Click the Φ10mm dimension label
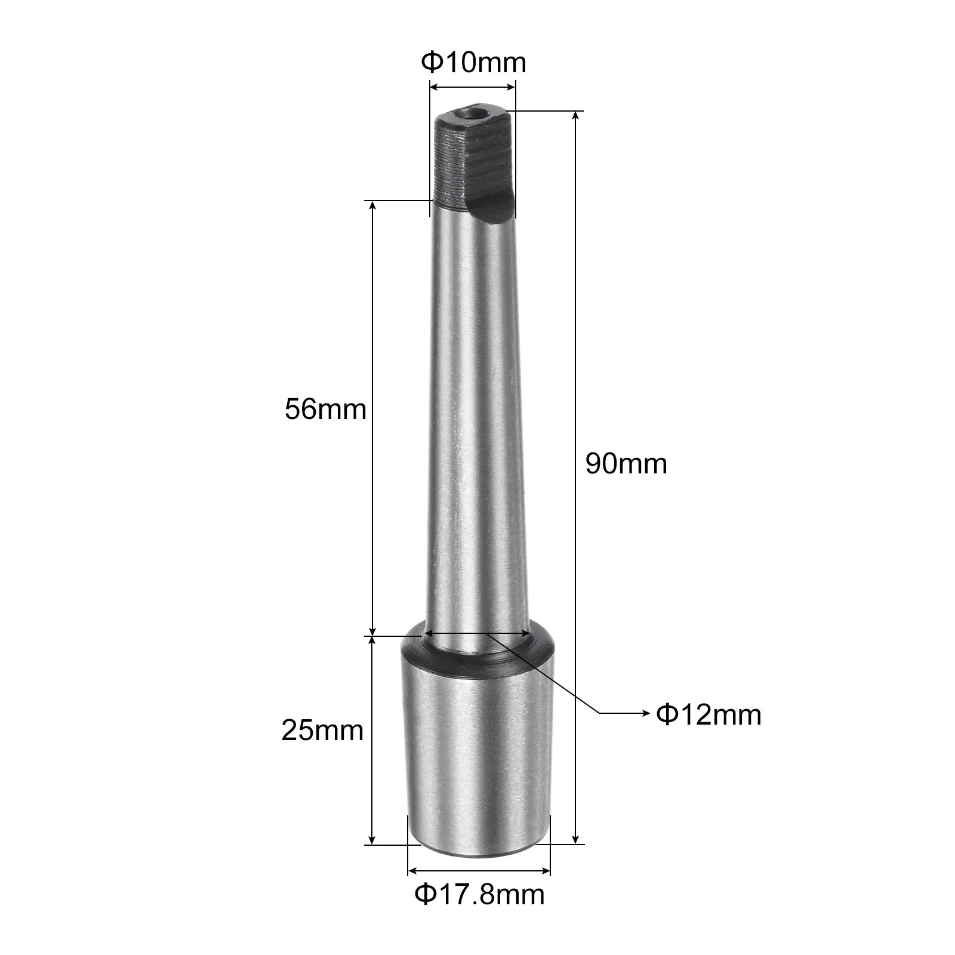pyautogui.click(x=474, y=63)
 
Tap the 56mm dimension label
pyautogui.click(x=325, y=409)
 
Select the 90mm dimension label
pyautogui.click(x=626, y=463)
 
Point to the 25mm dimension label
pyautogui.click(x=322, y=730)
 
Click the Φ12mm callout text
pyautogui.click(x=708, y=714)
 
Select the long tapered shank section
pyautogui.click(x=475, y=418)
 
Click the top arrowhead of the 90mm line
pyautogui.click(x=576, y=116)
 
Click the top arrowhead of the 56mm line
pyautogui.click(x=372, y=207)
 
